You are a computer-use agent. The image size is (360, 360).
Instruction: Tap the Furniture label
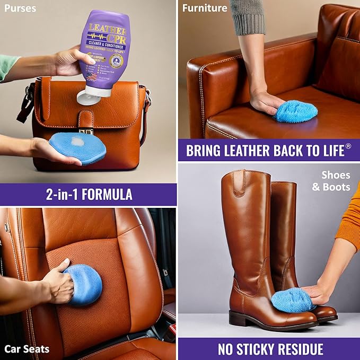coord(205,8)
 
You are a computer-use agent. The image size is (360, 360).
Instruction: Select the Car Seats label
coord(27,349)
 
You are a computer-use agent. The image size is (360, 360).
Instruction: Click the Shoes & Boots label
coord(335,181)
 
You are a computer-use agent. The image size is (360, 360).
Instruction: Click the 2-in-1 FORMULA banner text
coord(89,195)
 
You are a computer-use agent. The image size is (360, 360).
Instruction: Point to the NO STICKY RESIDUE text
coord(270,349)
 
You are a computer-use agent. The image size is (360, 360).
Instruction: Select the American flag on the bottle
coord(92,76)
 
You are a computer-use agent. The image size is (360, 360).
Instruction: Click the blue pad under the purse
coord(77,148)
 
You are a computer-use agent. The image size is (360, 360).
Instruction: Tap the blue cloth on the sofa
coord(296,111)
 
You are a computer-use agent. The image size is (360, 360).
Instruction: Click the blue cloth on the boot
coord(292,301)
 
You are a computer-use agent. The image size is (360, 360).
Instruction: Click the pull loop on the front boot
coord(239,183)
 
